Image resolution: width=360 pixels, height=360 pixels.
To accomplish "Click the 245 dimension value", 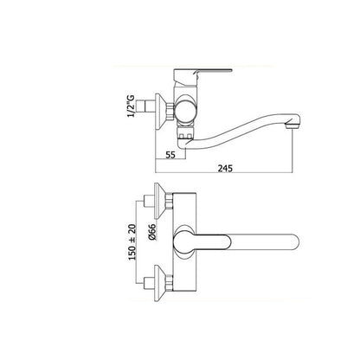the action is coord(225,168).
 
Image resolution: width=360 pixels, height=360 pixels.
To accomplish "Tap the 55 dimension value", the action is coord(170,155).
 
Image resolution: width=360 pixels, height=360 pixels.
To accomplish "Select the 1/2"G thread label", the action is coord(132,106).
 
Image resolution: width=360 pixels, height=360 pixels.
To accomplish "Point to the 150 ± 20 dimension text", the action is coord(132,241).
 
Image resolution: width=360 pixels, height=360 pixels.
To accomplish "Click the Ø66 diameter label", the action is coord(152,232).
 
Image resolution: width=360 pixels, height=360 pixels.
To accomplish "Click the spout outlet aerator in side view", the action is coord(292,126).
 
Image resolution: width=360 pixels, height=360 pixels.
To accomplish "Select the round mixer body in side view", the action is coord(186,110).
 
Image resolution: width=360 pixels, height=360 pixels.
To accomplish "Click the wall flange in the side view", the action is coord(160,111).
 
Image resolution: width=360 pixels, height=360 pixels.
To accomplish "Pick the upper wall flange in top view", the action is coord(160,201).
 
